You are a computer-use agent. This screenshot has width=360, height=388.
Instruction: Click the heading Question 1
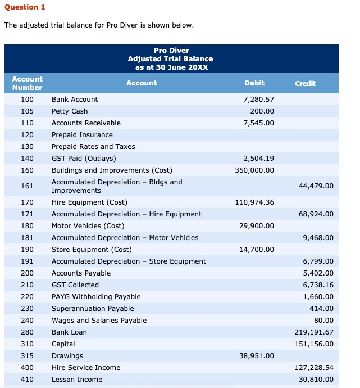click(25, 7)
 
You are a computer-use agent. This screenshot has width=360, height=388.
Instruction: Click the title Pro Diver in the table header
click(171, 51)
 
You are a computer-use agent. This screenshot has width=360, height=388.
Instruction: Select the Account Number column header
click(28, 83)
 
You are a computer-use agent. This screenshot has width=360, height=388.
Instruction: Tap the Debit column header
click(254, 83)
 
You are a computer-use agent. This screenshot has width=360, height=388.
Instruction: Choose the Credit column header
click(306, 83)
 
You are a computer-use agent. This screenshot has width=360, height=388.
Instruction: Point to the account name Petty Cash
click(70, 111)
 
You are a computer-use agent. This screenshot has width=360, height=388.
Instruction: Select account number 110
click(27, 123)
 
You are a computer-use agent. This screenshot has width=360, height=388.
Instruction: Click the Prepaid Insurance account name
click(82, 135)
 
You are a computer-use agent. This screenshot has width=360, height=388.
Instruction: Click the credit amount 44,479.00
click(315, 186)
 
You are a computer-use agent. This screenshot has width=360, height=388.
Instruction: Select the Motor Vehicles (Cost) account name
click(88, 226)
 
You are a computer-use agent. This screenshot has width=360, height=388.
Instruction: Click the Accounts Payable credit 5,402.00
click(318, 273)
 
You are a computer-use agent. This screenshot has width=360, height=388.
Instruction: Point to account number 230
click(27, 309)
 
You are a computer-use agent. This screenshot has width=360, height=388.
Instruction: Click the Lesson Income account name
click(77, 380)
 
